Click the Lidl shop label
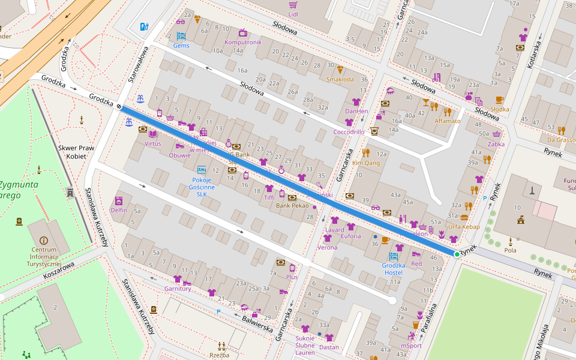tap(293, 14)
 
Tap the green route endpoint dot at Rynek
tap(457, 254)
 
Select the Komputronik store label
tap(242, 43)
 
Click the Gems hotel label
tap(181, 46)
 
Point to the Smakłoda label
tap(340, 79)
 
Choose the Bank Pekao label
tap(292, 206)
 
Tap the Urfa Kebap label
tap(464, 226)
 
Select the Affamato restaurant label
tap(448, 121)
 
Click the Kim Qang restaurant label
tap(366, 163)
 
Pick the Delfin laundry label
tap(119, 210)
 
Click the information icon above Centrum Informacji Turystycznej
tap(43, 240)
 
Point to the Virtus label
tap(152, 143)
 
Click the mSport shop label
tap(411, 346)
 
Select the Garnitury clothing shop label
tap(177, 289)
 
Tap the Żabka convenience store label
tap(496, 144)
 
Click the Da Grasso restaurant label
tap(561, 140)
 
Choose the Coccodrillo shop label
tap(349, 132)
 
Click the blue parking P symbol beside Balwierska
tap(218, 311)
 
